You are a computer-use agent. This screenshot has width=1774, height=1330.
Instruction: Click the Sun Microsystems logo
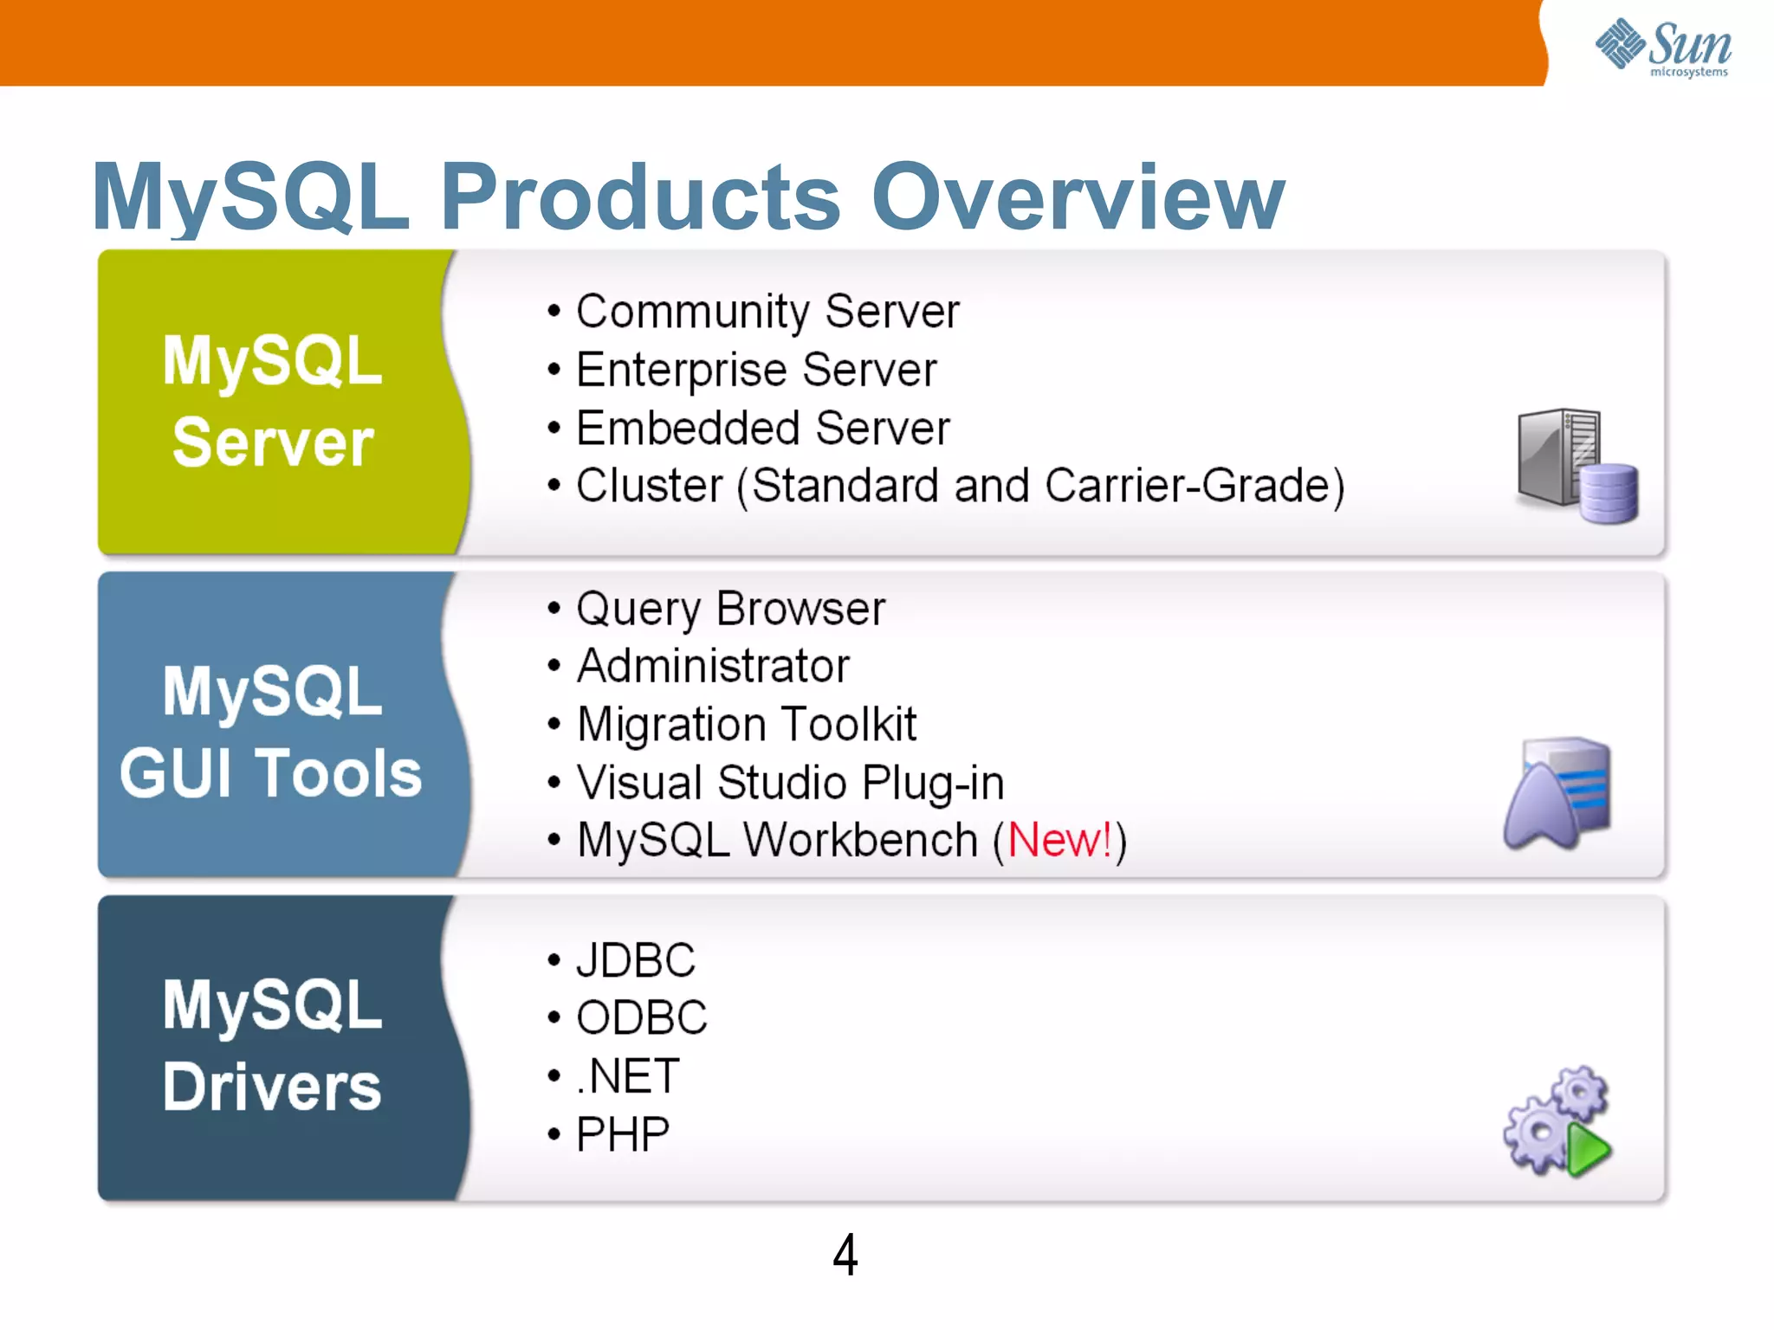click(x=1662, y=47)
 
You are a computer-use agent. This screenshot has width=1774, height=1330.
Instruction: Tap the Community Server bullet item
click(x=767, y=312)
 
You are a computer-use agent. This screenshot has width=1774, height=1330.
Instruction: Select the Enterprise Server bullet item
click(x=756, y=370)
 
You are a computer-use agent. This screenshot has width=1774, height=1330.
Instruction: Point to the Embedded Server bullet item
click(x=763, y=428)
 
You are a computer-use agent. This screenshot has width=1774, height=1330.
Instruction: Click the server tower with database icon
click(x=1577, y=466)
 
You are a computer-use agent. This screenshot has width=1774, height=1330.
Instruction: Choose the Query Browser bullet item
click(x=730, y=609)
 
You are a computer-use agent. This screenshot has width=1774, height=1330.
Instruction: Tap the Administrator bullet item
click(x=713, y=666)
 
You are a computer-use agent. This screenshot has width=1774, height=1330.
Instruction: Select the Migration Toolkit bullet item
click(x=746, y=724)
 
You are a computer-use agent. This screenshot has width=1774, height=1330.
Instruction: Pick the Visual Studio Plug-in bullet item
click(x=790, y=783)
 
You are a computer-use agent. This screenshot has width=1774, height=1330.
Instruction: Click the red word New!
click(x=1059, y=840)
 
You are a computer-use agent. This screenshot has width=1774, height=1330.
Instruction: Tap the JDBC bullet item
click(x=635, y=960)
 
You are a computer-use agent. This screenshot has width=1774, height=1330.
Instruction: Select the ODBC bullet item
click(x=642, y=1017)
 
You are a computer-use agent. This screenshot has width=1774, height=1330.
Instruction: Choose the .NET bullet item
click(x=628, y=1076)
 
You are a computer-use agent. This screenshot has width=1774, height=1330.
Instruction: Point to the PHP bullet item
click(x=623, y=1134)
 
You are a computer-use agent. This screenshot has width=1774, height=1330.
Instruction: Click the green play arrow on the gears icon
click(x=1588, y=1151)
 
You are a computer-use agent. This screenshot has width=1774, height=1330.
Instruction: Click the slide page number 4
click(x=845, y=1255)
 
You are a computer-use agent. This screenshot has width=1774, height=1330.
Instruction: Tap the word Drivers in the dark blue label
click(x=272, y=1087)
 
